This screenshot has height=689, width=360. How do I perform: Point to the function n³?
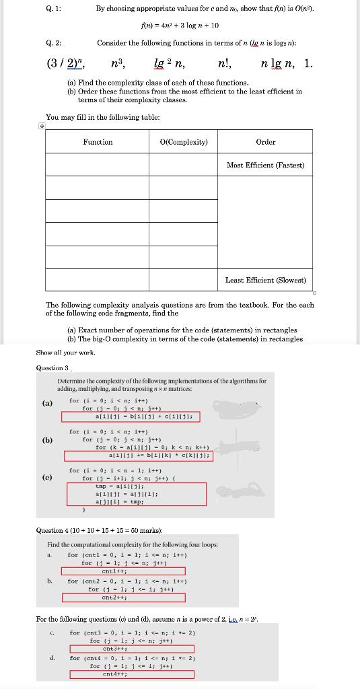[x=119, y=65]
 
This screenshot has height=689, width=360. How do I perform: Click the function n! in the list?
[x=225, y=65]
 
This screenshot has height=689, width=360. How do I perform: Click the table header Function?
[x=98, y=142]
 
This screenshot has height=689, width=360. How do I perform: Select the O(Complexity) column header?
[x=184, y=142]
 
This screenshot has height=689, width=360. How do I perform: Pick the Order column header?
[x=266, y=142]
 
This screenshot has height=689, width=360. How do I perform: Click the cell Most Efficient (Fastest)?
[x=266, y=165]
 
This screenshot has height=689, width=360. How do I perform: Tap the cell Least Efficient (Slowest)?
[x=266, y=280]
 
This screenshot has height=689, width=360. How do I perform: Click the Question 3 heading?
[x=52, y=367]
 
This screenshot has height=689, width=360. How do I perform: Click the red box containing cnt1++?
[x=123, y=571]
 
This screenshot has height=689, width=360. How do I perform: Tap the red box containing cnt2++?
[x=123, y=597]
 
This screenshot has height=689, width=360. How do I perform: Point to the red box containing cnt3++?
[x=123, y=649]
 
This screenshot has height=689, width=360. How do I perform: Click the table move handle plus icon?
[x=42, y=126]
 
